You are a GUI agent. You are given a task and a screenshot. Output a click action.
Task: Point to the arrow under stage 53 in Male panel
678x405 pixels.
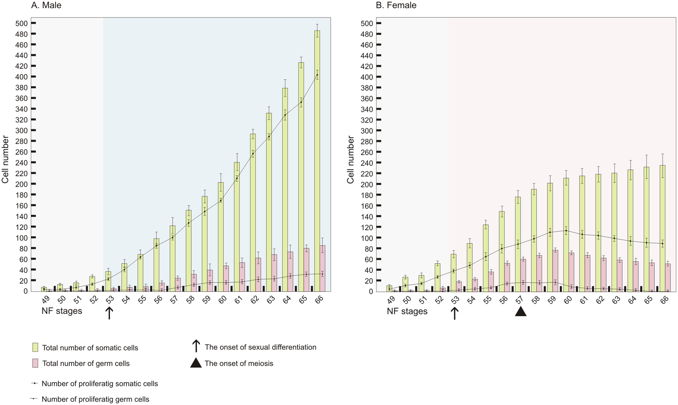(x=109, y=313)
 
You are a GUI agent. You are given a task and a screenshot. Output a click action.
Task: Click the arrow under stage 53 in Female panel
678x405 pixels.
(x=454, y=313)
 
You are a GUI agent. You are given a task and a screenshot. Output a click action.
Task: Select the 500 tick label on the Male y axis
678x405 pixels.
(x=22, y=23)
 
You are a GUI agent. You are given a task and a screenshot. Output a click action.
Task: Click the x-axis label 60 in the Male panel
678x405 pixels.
(x=223, y=300)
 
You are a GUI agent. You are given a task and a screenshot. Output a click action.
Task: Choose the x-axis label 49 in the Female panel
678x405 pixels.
(x=391, y=300)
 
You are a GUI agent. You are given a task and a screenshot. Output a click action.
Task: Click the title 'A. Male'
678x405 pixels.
(x=46, y=5)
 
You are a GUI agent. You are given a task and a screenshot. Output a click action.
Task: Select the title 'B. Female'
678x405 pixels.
(x=396, y=5)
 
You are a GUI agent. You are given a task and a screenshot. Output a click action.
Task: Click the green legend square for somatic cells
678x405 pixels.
(x=35, y=347)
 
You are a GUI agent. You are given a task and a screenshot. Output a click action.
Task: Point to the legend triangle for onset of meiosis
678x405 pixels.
(x=196, y=363)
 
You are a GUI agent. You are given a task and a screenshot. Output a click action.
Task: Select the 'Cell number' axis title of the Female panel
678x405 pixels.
(x=350, y=160)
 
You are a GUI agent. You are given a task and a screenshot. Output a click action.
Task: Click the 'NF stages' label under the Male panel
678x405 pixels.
(x=62, y=311)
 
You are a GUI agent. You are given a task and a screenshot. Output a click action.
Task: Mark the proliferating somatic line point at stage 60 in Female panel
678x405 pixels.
(x=566, y=231)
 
